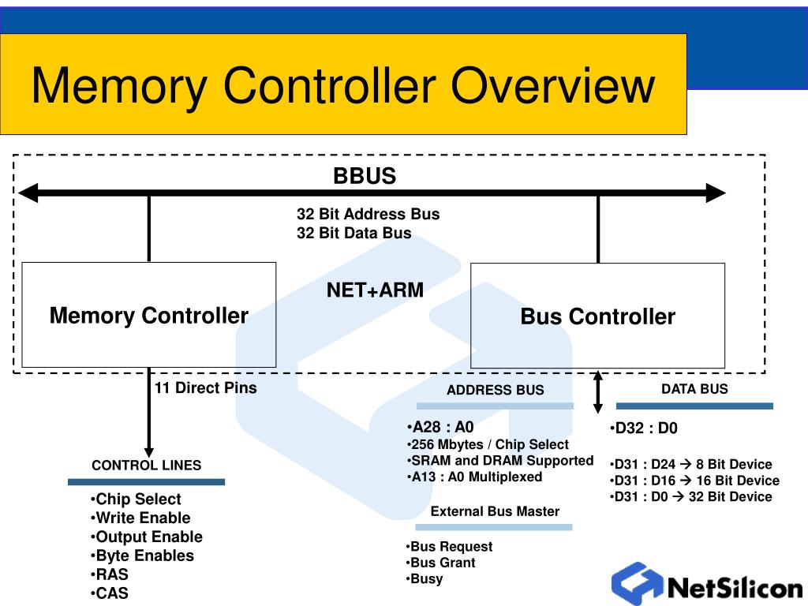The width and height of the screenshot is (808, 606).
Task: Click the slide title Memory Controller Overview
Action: point(342,86)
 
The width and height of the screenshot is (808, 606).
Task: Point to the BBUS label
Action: point(364,176)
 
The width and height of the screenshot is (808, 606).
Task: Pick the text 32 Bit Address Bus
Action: point(368,214)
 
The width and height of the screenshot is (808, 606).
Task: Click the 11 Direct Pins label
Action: point(205,387)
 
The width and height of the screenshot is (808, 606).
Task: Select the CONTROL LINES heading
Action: point(146,465)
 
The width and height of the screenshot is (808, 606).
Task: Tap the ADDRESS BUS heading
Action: point(495,390)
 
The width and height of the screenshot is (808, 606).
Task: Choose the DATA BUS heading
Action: point(694,388)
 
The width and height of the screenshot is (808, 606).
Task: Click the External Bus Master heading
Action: point(495,511)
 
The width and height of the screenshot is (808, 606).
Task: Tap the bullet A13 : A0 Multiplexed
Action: point(475,477)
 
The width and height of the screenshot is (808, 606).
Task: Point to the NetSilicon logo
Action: point(706,585)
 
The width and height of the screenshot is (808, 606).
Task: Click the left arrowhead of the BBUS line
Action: point(28,193)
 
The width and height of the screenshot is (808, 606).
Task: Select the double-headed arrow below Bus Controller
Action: point(598,392)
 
